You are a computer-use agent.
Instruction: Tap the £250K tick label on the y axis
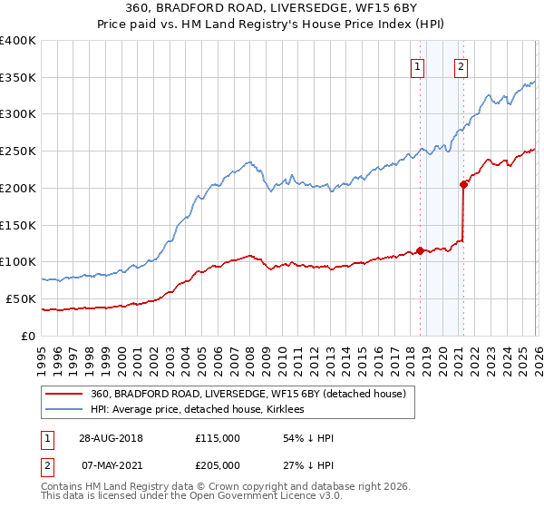[18, 151]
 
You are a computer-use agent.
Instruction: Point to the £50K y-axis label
[22, 298]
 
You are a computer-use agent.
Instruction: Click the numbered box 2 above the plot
[461, 66]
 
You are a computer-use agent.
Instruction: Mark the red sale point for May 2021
[463, 184]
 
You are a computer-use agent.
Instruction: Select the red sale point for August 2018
[421, 250]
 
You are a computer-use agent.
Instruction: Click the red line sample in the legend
[64, 394]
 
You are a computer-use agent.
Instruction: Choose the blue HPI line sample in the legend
[64, 409]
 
